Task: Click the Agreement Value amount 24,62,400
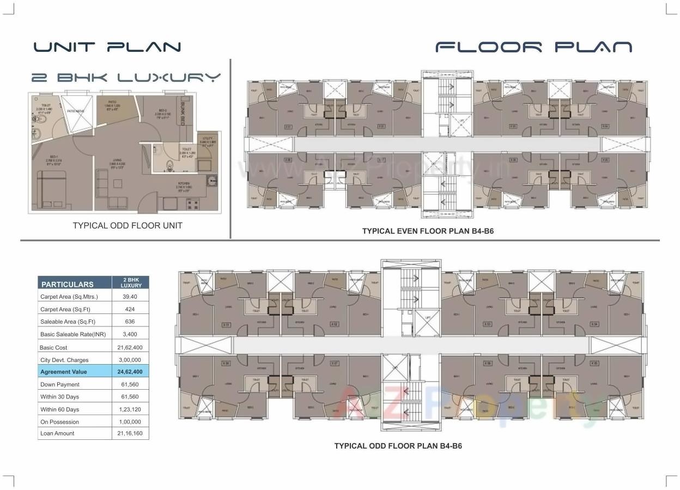[x=130, y=372]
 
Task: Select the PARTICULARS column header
[x=68, y=284]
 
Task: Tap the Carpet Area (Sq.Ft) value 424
[x=130, y=309]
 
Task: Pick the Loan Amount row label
[x=57, y=433]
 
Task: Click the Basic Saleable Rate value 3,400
[x=130, y=334]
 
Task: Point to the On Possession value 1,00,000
[x=130, y=422]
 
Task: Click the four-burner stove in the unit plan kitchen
[x=192, y=205]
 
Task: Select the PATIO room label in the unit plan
[x=112, y=102]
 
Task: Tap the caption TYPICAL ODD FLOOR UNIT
[x=127, y=225]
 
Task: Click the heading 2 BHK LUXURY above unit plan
[x=126, y=77]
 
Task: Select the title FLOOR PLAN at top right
[x=533, y=47]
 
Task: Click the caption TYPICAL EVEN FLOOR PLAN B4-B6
[x=428, y=231]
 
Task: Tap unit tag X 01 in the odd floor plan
[x=226, y=325]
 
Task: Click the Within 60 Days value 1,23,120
[x=130, y=409]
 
